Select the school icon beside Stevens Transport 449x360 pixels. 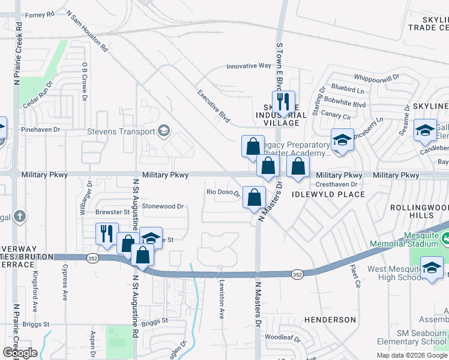[x=163, y=131]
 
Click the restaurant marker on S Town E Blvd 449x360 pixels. [x=280, y=103]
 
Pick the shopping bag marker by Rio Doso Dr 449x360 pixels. [x=255, y=197]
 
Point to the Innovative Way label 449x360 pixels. [x=249, y=66]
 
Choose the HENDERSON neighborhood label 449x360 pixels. [x=330, y=320]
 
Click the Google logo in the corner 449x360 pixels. [x=19, y=352]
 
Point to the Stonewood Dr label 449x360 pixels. [x=163, y=206]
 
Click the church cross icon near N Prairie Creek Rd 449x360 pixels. [x=19, y=216]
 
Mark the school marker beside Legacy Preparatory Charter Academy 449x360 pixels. [x=342, y=140]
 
